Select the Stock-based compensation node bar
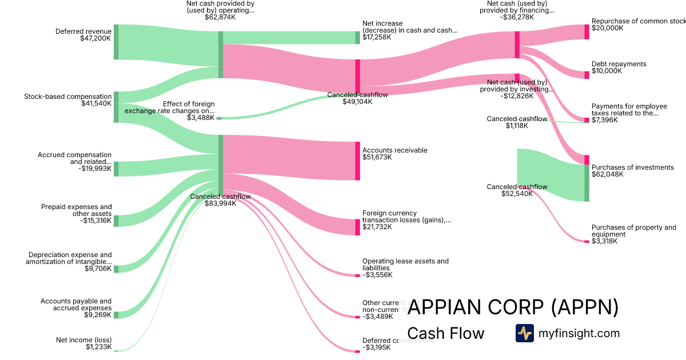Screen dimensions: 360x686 point(116,107)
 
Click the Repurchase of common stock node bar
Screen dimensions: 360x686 point(587,31)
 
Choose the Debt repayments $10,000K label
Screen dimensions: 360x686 point(619,67)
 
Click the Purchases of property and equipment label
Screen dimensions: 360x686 point(633,231)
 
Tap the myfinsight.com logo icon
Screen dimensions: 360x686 point(524,333)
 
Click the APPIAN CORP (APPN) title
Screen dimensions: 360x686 point(513,308)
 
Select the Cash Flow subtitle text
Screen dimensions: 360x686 point(445,333)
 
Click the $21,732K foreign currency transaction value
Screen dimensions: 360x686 point(377,227)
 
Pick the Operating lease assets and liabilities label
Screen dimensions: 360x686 point(405,265)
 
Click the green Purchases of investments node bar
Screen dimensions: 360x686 point(587,183)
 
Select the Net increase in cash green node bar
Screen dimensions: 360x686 point(357,37)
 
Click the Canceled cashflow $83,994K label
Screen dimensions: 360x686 point(220,200)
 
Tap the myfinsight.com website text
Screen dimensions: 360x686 point(579,333)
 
